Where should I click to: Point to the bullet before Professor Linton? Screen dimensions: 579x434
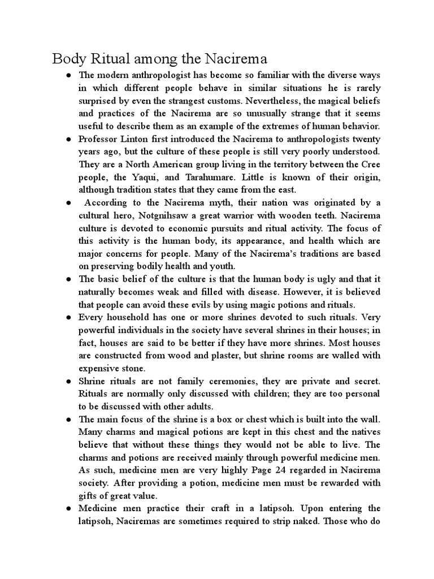coord(68,139)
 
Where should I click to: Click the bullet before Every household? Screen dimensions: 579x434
coord(68,317)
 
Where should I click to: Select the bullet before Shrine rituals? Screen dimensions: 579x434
coord(68,381)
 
